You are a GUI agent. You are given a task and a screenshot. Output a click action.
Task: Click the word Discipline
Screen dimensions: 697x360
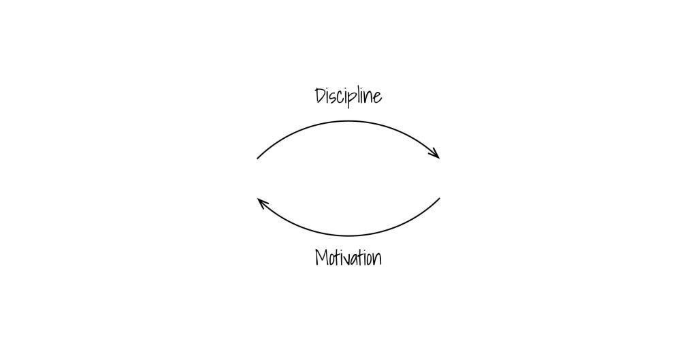coord(348,96)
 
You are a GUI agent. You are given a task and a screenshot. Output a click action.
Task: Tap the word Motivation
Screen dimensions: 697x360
coord(348,258)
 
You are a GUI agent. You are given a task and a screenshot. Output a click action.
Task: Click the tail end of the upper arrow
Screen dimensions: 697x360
coord(257,159)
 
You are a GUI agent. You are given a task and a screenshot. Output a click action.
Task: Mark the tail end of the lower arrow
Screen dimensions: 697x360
coord(440,198)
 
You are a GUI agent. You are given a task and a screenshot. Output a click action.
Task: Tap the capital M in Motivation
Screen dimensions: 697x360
coord(322,258)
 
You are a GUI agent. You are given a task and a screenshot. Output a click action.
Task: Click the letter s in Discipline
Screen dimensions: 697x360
coord(336,97)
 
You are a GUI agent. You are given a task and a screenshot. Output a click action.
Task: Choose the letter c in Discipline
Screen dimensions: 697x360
coord(342,98)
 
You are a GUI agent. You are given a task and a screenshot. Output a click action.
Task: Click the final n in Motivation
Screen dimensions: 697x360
coord(376,260)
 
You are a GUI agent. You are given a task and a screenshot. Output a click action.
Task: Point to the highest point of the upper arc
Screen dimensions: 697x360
coord(348,121)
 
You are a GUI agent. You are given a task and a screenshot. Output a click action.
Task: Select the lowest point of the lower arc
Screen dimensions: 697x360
coord(348,235)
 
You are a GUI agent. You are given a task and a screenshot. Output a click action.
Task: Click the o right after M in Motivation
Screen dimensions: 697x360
coord(332,260)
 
